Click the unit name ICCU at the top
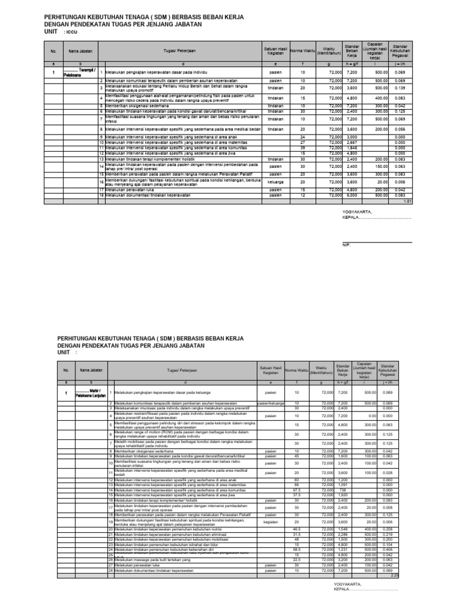72,32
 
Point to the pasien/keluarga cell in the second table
270,403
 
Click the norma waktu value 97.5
297,490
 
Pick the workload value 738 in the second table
343,490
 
